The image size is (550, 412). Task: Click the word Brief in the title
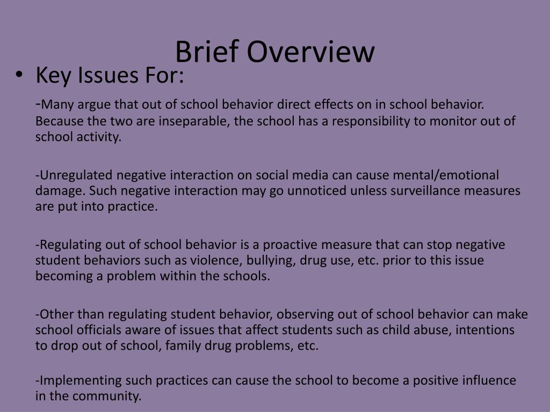tap(204, 53)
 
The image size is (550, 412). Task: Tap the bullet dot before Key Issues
tap(19, 76)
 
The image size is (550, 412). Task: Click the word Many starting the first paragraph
tap(56, 104)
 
